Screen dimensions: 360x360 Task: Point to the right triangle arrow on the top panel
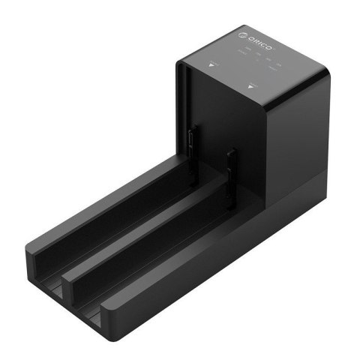pos(250,86)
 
